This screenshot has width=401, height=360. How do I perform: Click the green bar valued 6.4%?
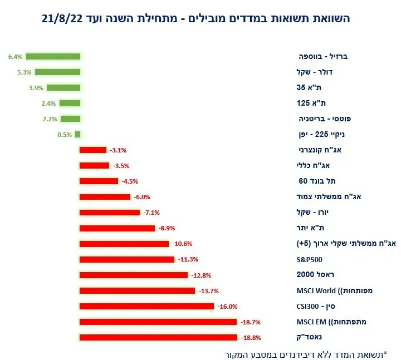[x=53, y=56]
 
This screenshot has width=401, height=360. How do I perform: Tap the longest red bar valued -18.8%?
[x=159, y=337]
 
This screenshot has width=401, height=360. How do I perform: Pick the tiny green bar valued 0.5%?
[x=78, y=134]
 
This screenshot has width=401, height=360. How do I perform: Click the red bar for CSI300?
[x=147, y=306]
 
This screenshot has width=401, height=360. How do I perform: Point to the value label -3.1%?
[x=118, y=150]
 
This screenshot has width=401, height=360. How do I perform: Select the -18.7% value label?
[x=250, y=322]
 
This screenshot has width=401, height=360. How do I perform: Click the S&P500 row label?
[x=309, y=259]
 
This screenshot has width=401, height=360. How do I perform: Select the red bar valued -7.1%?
[x=110, y=213]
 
